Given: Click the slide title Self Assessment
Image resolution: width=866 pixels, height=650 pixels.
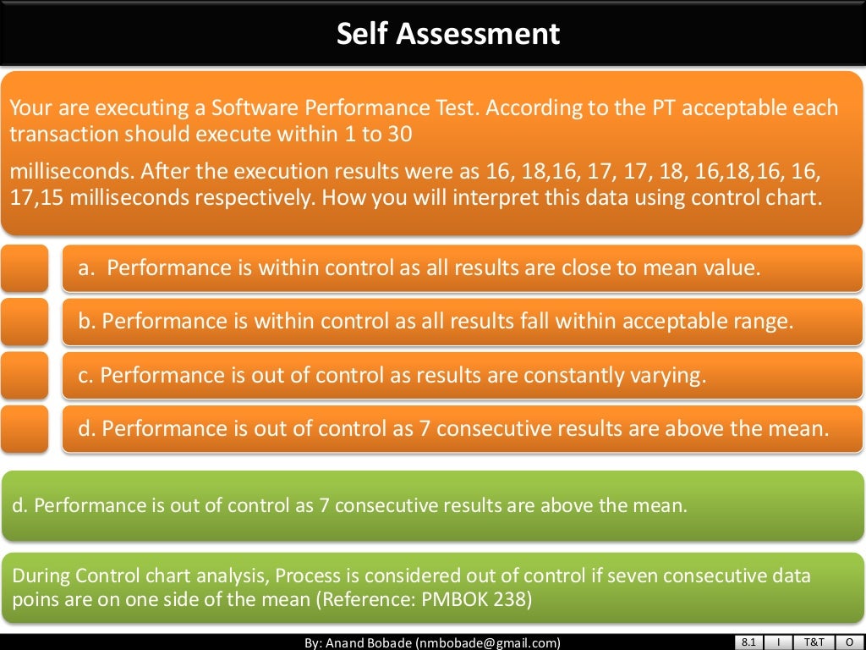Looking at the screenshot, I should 448,34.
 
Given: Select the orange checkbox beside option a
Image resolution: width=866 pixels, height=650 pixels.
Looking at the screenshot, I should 24,268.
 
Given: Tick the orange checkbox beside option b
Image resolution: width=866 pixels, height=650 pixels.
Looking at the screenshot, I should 24,322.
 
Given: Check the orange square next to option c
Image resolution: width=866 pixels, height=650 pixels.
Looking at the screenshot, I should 24,375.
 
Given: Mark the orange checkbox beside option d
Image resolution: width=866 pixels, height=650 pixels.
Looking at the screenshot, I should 24,428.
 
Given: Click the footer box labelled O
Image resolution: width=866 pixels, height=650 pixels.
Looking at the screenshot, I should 848,642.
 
